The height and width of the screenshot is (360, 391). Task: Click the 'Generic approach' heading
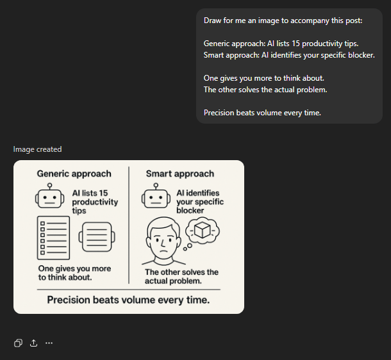click(x=74, y=174)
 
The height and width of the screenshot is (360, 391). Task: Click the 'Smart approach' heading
click(x=180, y=174)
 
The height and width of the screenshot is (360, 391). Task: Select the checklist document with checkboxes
click(x=53, y=238)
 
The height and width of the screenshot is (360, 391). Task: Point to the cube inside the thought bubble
click(x=203, y=230)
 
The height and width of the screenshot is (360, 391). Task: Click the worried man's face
click(x=163, y=240)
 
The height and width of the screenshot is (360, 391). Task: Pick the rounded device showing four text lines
click(x=97, y=237)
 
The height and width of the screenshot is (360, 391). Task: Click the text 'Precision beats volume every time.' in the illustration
click(x=128, y=300)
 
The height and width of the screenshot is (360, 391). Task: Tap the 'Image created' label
click(x=37, y=149)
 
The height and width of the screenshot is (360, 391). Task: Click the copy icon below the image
click(x=18, y=343)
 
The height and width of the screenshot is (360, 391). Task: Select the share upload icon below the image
click(x=34, y=343)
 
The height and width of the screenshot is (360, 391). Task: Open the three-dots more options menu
click(x=49, y=343)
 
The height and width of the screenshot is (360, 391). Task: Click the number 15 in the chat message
click(x=295, y=44)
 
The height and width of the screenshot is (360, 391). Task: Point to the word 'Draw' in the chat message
click(x=212, y=20)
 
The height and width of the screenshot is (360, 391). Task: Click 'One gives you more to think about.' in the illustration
click(x=74, y=273)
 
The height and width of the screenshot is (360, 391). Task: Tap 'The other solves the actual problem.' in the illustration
click(x=181, y=277)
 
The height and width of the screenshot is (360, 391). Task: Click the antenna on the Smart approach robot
click(x=156, y=186)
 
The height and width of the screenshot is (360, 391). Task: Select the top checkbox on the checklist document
click(x=43, y=224)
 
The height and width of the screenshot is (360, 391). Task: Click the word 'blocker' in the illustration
click(x=190, y=211)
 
